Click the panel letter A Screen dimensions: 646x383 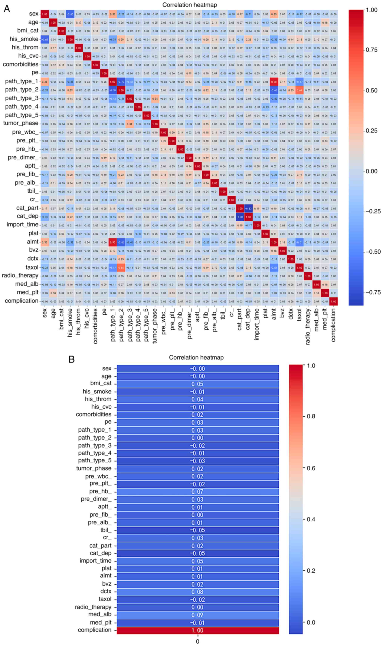point(7,8)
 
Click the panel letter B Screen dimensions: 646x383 point(71,359)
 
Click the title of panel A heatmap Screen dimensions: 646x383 point(189,5)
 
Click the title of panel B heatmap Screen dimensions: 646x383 point(196,358)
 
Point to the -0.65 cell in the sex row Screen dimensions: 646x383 point(70,14)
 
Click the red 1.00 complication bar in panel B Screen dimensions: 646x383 point(198,630)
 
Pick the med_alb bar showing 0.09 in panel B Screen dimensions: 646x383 point(198,615)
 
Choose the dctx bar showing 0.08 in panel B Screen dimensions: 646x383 point(198,592)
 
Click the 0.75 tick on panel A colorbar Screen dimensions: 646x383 point(372,50)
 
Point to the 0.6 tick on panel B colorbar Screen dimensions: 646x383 point(311,468)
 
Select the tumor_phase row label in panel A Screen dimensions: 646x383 point(21,123)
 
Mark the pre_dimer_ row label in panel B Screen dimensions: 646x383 point(96,499)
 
